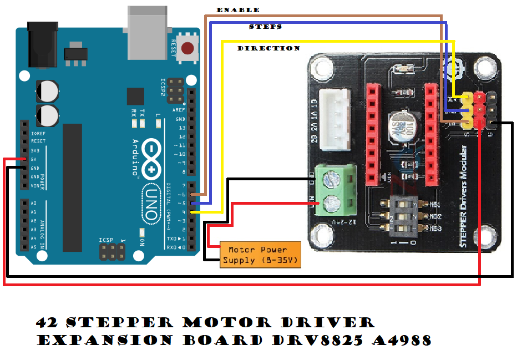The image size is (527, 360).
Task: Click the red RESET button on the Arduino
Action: click(190, 48)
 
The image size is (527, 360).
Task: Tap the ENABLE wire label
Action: click(238, 10)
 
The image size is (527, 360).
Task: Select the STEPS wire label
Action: click(265, 27)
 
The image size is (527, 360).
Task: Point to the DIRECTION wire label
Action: click(269, 48)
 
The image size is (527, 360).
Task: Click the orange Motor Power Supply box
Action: click(261, 255)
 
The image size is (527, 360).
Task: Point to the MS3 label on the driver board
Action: click(435, 229)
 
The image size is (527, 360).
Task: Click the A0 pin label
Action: click(33, 203)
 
